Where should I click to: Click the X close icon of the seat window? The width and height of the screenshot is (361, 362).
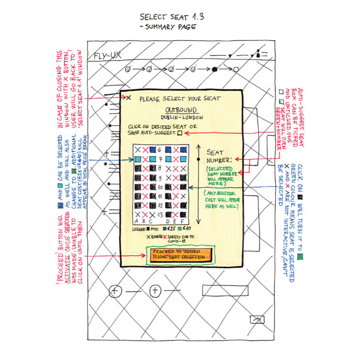tap(129, 98)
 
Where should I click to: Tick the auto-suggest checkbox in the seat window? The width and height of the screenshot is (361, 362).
tap(180, 133)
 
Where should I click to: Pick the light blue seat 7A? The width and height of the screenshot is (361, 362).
tap(137, 159)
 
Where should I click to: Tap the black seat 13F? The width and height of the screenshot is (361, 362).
tap(184, 215)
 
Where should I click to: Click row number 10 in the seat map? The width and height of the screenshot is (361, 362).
tap(161, 187)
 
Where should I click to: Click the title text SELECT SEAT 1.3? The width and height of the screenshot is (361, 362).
tap(172, 17)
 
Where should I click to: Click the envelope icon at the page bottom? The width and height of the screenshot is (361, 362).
tap(257, 319)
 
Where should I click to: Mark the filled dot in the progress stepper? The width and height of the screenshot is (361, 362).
tap(215, 69)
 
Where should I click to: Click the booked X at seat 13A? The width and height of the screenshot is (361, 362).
tap(137, 215)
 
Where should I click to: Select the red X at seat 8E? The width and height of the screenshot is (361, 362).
tap(176, 168)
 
